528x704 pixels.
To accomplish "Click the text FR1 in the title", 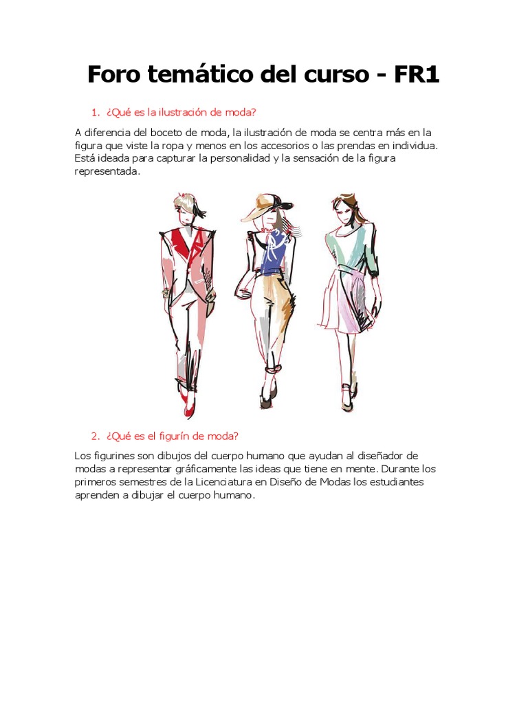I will click(x=417, y=75).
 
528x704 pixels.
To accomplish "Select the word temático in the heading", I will click(x=197, y=75).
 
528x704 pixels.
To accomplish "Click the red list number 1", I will click(x=95, y=112).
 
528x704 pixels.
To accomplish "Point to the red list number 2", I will click(x=95, y=436).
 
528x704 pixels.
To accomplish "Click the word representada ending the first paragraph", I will click(x=107, y=171).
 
